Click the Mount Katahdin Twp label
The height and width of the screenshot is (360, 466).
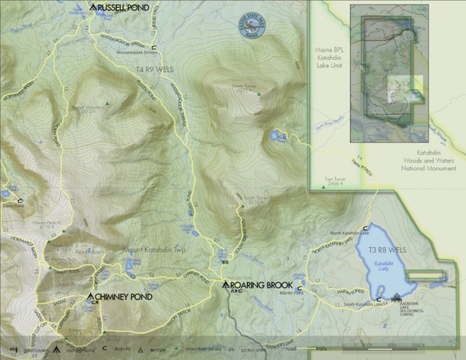click(154, 251)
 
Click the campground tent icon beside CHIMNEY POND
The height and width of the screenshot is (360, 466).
click(91, 296)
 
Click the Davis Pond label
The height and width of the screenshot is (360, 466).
click(12, 205)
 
